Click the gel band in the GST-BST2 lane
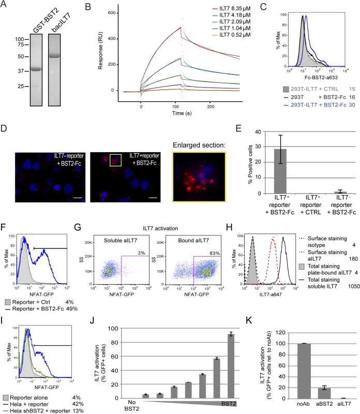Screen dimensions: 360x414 tap(36, 69)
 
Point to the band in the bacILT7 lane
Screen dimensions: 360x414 tap(54, 56)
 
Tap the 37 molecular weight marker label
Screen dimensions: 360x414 tap(21, 71)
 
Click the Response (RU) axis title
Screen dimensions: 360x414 tap(100, 51)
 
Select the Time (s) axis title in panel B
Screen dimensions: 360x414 tap(182, 113)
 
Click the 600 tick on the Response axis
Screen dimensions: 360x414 tap(112, 12)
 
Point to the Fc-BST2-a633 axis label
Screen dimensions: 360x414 tap(321, 77)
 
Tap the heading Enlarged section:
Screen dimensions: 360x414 tap(199, 145)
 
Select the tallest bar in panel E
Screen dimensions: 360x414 tap(280, 171)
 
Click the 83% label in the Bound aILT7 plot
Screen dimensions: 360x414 tap(215, 253)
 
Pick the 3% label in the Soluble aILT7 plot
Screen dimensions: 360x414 tap(141, 253)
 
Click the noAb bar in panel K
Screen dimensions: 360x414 tap(304, 371)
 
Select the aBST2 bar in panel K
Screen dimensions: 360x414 tap(324, 393)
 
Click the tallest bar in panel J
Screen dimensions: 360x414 tap(231, 366)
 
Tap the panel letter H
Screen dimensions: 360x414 tap(229, 227)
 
